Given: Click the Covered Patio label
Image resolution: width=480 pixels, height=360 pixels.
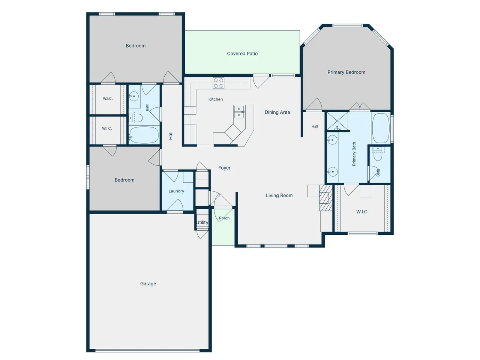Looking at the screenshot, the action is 242,54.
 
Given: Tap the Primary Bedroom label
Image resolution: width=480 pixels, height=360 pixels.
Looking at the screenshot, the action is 346,72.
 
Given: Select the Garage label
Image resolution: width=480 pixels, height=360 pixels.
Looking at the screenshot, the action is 148,284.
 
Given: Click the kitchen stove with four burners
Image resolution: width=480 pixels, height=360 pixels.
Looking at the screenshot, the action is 219,83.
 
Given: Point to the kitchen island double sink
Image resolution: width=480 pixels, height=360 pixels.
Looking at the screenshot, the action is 239,112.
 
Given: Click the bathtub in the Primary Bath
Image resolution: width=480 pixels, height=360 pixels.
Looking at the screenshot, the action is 381,128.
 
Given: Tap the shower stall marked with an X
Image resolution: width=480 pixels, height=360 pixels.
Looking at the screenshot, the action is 337,121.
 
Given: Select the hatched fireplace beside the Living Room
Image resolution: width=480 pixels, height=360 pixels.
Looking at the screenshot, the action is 326,198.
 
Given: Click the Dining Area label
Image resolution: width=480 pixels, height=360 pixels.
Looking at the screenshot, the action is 277,112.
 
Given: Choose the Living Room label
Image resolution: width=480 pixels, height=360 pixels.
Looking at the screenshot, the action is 279,195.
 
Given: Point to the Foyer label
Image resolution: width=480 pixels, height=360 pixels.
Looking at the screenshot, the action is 224,168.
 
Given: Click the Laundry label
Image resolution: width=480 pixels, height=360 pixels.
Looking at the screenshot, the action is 176,191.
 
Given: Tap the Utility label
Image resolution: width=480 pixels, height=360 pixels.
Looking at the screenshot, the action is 202,222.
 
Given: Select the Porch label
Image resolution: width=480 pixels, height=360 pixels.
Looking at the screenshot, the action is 224,218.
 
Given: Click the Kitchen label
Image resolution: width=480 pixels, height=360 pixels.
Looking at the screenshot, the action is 215,99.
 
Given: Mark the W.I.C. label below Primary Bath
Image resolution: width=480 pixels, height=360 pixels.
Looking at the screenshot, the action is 362,211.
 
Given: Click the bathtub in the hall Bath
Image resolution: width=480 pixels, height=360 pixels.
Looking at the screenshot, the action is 144,135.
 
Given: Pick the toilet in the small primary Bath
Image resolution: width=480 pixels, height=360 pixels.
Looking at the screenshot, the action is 378,154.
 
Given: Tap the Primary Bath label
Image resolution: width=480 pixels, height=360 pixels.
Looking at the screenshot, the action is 354,154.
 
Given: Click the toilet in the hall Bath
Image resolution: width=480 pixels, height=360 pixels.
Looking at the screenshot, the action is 136,118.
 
